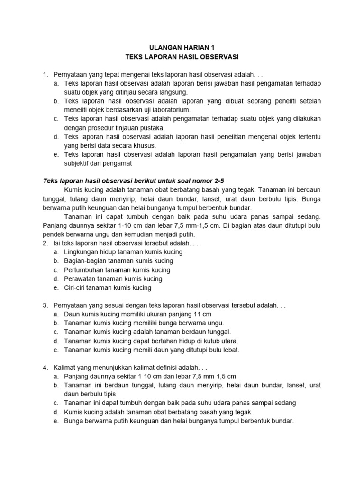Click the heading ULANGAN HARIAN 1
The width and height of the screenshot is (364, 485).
(182, 48)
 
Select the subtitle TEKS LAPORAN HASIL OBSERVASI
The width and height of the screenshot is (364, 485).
(182, 57)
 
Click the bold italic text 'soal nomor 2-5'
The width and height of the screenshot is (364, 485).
(192, 181)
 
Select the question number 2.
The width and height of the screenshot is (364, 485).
(45, 243)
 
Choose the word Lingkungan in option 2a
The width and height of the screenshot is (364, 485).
(81, 252)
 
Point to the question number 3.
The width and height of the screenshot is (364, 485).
(45, 305)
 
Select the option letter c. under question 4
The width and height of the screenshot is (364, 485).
(55, 403)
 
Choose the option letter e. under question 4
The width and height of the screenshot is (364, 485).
(55, 421)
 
